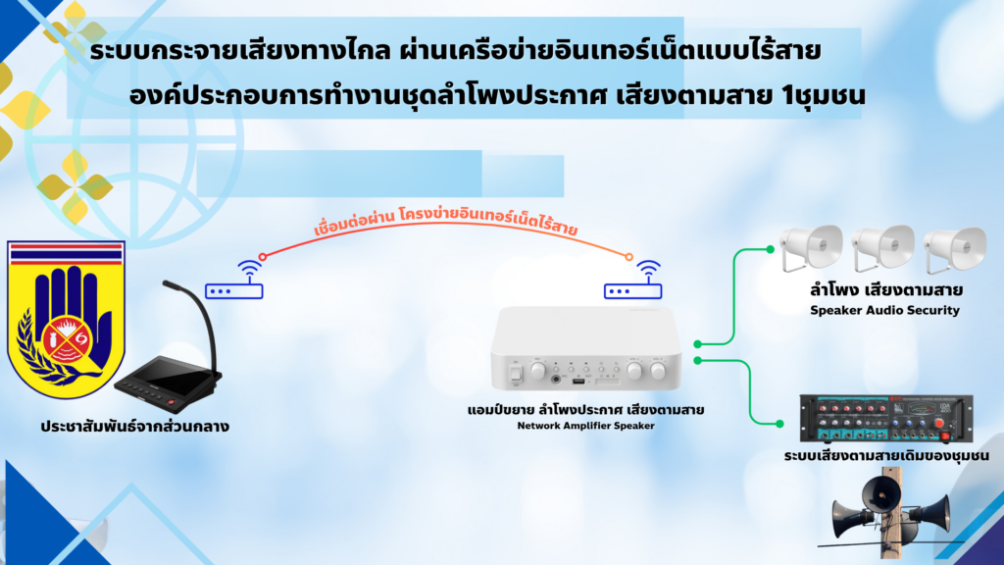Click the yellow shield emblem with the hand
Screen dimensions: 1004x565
coord(66,319)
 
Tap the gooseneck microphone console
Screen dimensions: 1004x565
coord(169,359)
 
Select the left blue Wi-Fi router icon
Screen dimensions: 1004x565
coord(234,280)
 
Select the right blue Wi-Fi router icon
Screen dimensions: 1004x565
coord(633,280)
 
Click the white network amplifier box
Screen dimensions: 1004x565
coord(586,348)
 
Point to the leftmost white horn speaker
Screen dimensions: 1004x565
coord(811,248)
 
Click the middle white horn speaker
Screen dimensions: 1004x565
coord(882,248)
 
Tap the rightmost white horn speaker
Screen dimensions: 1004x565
coord(955,248)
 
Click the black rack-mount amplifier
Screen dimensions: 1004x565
coord(886,418)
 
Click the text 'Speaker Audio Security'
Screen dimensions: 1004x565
coord(885,311)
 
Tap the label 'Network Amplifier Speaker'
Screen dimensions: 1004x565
coord(586,426)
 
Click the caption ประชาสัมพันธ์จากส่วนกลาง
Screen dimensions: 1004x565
coord(134,427)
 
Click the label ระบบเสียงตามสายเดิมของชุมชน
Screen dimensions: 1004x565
coord(886,456)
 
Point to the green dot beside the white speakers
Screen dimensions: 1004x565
coord(771,250)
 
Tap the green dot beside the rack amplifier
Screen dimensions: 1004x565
coord(779,424)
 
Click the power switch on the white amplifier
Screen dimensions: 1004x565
coord(515,374)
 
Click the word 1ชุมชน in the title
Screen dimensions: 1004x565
coord(824,95)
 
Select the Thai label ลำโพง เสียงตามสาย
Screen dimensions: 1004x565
coord(886,290)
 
